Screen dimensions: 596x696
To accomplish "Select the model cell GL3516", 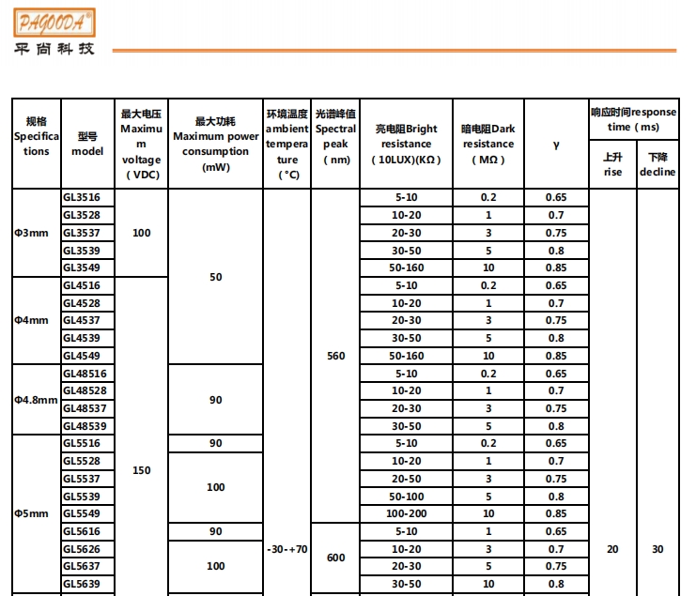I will (x=82, y=197).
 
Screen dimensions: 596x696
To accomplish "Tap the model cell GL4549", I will (x=82, y=356).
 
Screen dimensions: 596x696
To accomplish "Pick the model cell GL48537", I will (x=85, y=408).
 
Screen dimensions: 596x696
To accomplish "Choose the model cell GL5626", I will (x=82, y=549).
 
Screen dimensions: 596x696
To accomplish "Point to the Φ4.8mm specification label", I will (x=35, y=400).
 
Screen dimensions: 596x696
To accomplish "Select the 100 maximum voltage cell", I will (x=142, y=233).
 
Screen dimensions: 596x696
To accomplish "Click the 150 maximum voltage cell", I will (x=142, y=470).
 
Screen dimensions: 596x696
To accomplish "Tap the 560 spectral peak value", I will (x=335, y=356).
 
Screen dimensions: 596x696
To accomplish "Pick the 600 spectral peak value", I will (x=335, y=558).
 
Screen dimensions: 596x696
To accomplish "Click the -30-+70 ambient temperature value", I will (x=286, y=549).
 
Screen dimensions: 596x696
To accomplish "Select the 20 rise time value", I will (x=612, y=549).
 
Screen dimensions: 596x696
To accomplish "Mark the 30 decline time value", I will (x=657, y=549).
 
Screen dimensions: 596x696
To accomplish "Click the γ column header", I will (x=556, y=145).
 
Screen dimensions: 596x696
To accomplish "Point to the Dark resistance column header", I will (x=487, y=144).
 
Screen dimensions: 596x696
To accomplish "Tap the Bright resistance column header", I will (x=406, y=144).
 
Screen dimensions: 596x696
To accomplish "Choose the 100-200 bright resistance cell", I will (x=406, y=514).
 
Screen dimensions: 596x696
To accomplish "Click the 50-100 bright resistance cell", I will (x=406, y=497).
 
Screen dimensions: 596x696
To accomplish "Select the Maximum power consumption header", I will (x=216, y=144).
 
